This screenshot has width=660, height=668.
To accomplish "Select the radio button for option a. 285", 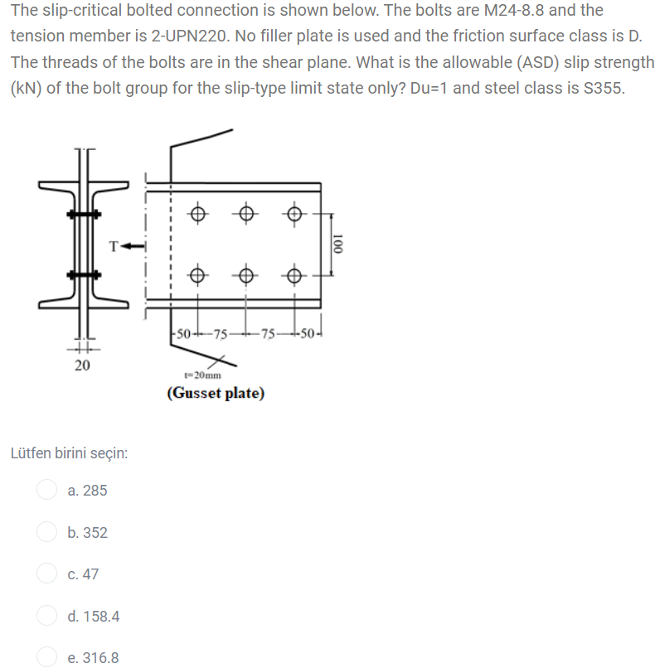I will pos(46,491).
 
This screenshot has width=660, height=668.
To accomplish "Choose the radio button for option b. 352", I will pos(46,533).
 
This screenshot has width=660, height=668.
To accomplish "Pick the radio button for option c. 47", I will pos(46,574).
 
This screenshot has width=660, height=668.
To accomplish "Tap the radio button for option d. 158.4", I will pos(46,617).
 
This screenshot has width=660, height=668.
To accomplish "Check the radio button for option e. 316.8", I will pos(46,658).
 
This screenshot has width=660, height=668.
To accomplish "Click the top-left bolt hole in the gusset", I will pos(197,214).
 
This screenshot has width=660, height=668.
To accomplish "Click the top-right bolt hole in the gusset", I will pos(294,214).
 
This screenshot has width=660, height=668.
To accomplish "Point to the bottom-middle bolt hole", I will pos(246,274).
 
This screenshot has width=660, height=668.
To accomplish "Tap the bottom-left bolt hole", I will pos(197,274).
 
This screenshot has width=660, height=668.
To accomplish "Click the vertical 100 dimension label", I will pos(336,244).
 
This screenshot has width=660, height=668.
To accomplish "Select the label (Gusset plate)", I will pos(216,393).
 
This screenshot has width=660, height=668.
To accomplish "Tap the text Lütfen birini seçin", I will pos(68,453).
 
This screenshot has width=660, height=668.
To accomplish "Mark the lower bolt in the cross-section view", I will pos(83,274).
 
